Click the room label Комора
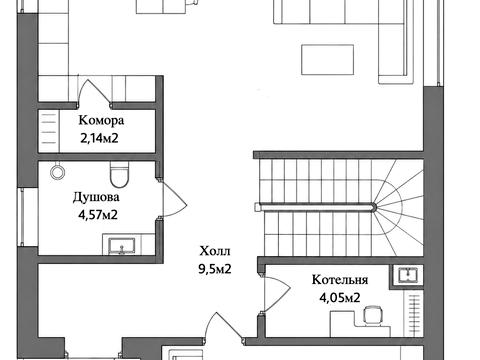(x=101, y=120)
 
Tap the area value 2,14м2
(x=99, y=138)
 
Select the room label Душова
(x=96, y=197)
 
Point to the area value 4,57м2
(x=98, y=215)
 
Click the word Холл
(x=215, y=251)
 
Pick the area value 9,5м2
(x=215, y=269)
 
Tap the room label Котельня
(x=340, y=280)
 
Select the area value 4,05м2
(x=340, y=297)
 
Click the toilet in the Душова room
(x=119, y=174)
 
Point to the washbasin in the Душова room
(x=122, y=246)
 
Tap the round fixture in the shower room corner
(x=57, y=171)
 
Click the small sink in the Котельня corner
(x=407, y=275)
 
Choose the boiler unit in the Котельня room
(x=372, y=315)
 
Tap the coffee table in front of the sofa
(x=327, y=60)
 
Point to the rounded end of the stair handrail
(x=374, y=207)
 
